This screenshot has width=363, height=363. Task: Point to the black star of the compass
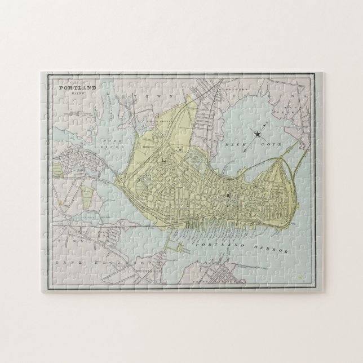[x=258, y=134]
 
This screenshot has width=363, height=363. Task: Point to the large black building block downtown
[x=229, y=196]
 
